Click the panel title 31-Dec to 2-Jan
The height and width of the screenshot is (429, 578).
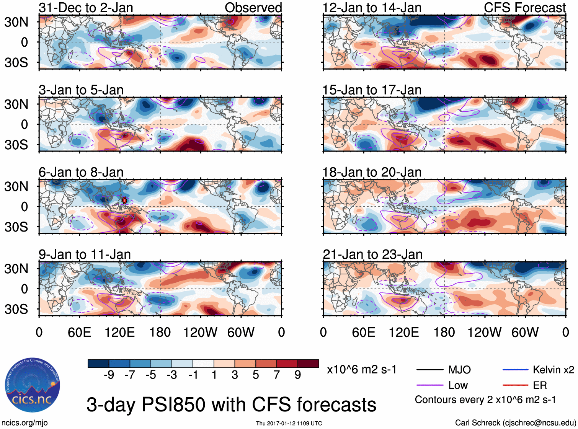coord(86,8)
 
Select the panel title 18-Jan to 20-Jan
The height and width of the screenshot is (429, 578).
coord(372,172)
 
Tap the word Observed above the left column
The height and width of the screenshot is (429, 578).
coord(253,8)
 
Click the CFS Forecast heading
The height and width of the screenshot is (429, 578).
coord(524,8)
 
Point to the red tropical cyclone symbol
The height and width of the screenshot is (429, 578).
coord(124,200)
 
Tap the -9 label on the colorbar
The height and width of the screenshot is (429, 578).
coord(109,375)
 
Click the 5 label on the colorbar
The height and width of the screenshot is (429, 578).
coord(256,375)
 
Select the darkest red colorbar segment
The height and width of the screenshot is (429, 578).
coord(308,364)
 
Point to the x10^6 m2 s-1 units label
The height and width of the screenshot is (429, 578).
coord(361,370)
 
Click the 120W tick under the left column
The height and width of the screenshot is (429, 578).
coord(200,332)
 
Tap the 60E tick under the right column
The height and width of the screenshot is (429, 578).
coord(363,332)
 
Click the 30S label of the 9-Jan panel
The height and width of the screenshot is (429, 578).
coord(16,309)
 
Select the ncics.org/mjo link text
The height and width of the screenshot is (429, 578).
coord(24,422)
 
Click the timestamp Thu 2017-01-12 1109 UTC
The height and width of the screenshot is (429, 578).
coord(289,423)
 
